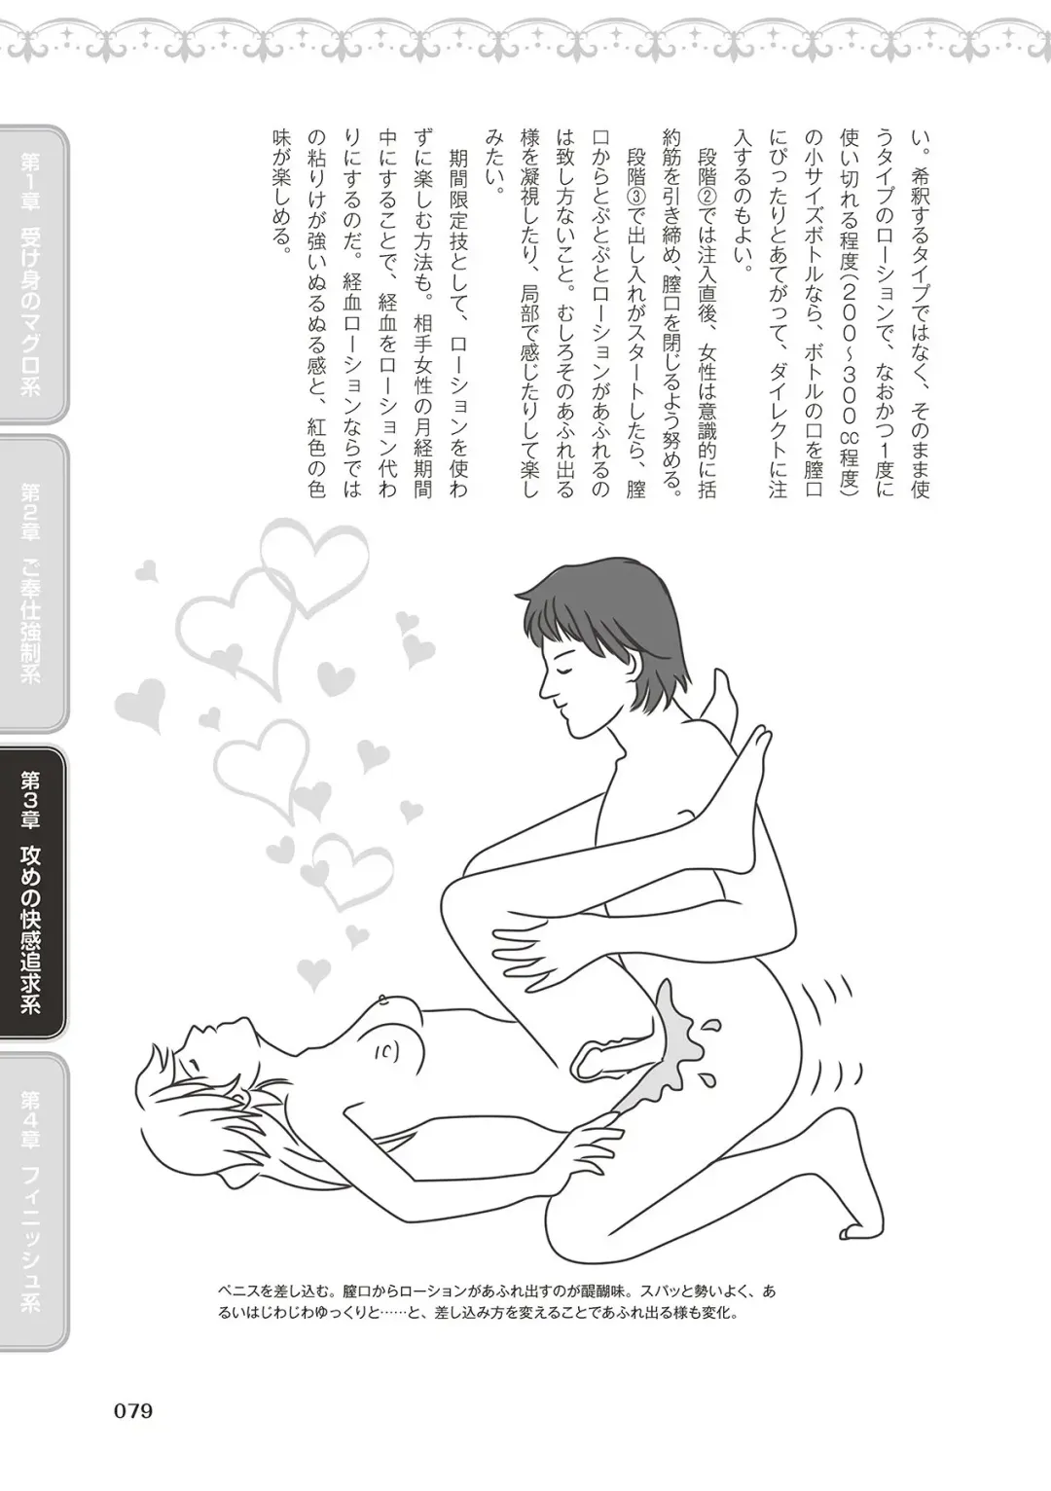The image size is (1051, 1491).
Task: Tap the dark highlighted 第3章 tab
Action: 32,891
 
